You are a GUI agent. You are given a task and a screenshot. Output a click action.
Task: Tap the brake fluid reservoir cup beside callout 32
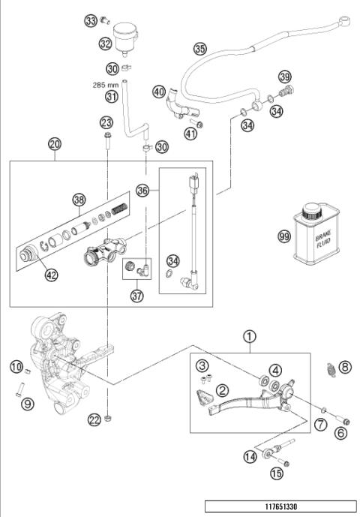pyautogui.click(x=124, y=37)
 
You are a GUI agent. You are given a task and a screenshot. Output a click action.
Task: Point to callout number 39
pyautogui.click(x=284, y=78)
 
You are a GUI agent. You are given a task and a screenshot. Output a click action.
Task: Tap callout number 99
pyautogui.click(x=283, y=236)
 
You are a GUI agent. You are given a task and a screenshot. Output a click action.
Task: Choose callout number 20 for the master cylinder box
pyautogui.click(x=55, y=143)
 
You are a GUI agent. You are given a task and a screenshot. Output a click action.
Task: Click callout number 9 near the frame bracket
pyautogui.click(x=27, y=404)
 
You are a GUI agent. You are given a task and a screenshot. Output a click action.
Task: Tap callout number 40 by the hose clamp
pyautogui.click(x=158, y=92)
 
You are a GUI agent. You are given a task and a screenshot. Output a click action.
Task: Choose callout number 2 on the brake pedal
pyautogui.click(x=223, y=390)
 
